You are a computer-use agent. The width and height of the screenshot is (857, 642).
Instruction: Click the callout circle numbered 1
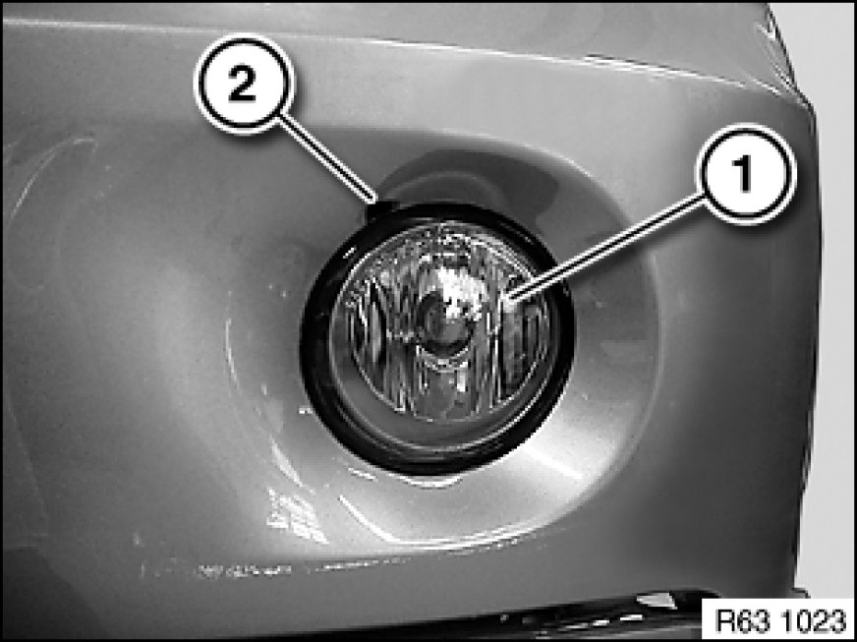pos(746,173)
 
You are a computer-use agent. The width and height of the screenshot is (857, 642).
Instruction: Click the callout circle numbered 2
pos(243,84)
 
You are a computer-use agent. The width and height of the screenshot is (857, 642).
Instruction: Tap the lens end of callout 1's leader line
pos(508,299)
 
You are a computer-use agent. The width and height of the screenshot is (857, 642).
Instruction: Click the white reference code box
pos(778,620)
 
